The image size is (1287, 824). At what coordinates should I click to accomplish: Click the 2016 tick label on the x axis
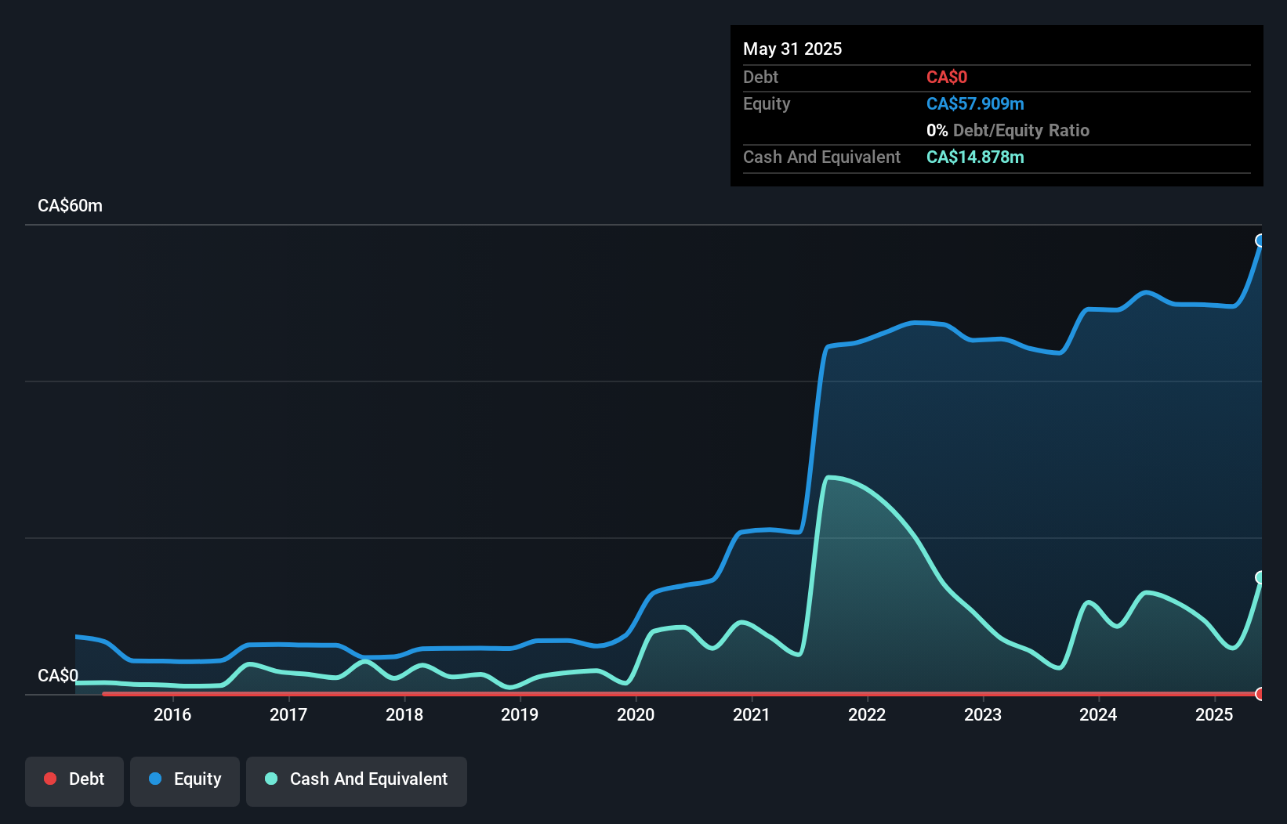click(x=172, y=714)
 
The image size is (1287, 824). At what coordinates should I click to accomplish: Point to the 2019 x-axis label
click(x=520, y=714)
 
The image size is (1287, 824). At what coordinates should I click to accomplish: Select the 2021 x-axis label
click(x=751, y=714)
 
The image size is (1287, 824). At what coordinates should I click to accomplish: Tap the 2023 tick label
click(x=983, y=714)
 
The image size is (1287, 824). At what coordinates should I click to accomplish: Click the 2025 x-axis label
click(x=1214, y=714)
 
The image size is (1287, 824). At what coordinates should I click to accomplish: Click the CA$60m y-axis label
click(x=71, y=206)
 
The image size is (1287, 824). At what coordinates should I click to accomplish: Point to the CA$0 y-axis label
click(x=58, y=675)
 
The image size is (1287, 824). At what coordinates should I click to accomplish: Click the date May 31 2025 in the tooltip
click(x=792, y=49)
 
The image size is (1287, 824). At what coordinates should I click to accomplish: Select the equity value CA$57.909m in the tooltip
click(x=975, y=104)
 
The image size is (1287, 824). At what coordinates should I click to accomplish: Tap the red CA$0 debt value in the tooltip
click(x=947, y=78)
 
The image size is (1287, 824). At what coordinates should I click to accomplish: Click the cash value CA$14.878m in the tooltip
click(x=975, y=157)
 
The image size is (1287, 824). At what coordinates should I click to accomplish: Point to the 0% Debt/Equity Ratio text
click(x=1008, y=131)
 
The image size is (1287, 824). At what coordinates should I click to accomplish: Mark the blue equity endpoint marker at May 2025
click(x=1260, y=240)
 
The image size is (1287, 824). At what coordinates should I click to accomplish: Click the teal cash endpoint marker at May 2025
click(x=1260, y=577)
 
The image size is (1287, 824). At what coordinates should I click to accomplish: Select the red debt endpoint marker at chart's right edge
click(x=1260, y=693)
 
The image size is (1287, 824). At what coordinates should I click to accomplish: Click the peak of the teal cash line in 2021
click(x=829, y=477)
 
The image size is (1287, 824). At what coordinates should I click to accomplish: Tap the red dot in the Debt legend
click(x=50, y=779)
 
